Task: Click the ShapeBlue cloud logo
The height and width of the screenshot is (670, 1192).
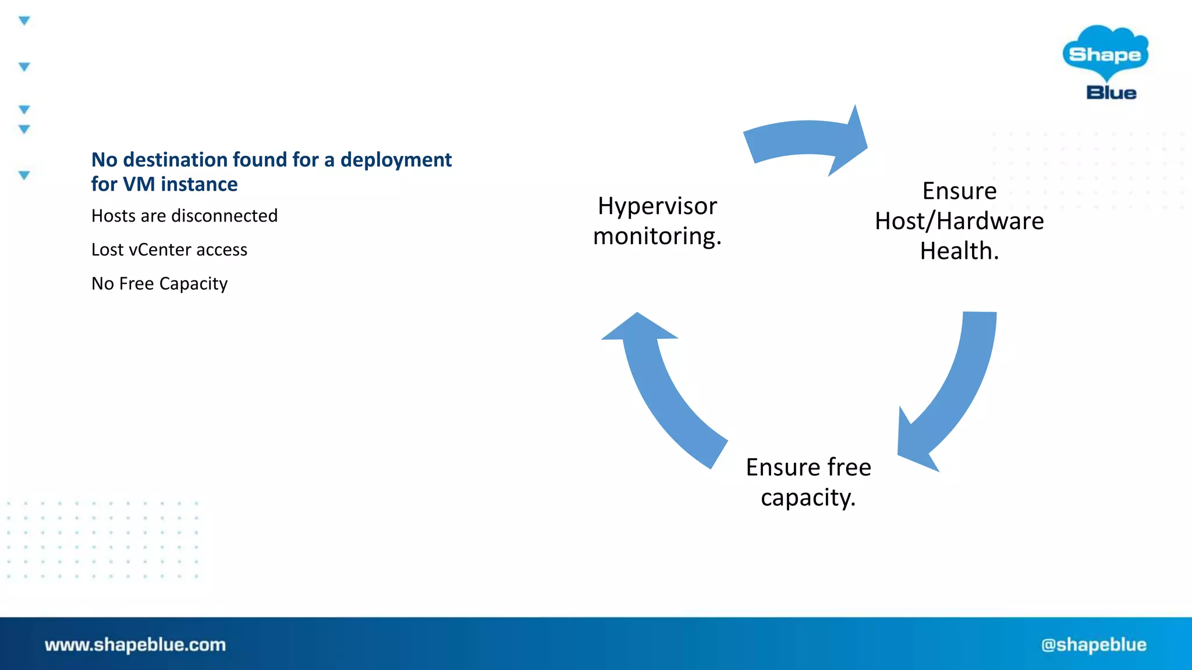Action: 1105,53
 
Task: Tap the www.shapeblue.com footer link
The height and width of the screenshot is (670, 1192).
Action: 135,644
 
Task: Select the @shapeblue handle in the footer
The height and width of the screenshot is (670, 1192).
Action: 1094,644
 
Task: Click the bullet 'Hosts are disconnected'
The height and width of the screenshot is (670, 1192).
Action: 185,216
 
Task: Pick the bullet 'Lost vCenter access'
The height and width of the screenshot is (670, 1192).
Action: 169,250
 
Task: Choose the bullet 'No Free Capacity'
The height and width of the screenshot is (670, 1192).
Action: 159,283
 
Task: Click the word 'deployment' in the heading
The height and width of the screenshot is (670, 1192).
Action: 396,159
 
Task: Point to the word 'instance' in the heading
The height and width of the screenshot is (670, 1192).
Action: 199,184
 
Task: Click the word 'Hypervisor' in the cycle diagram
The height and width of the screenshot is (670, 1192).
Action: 657,206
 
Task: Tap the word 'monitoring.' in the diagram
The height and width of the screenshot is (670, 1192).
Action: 657,236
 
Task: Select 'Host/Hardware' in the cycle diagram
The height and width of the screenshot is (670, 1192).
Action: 959,221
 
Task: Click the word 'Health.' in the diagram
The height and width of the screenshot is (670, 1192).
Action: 959,251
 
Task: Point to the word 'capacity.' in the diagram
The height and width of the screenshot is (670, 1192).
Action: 808,498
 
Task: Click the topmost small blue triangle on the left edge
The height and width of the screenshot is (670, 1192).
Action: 24,21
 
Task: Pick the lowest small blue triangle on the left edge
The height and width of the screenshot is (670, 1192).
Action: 24,174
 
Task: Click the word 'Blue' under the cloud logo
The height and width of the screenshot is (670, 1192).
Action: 1111,93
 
